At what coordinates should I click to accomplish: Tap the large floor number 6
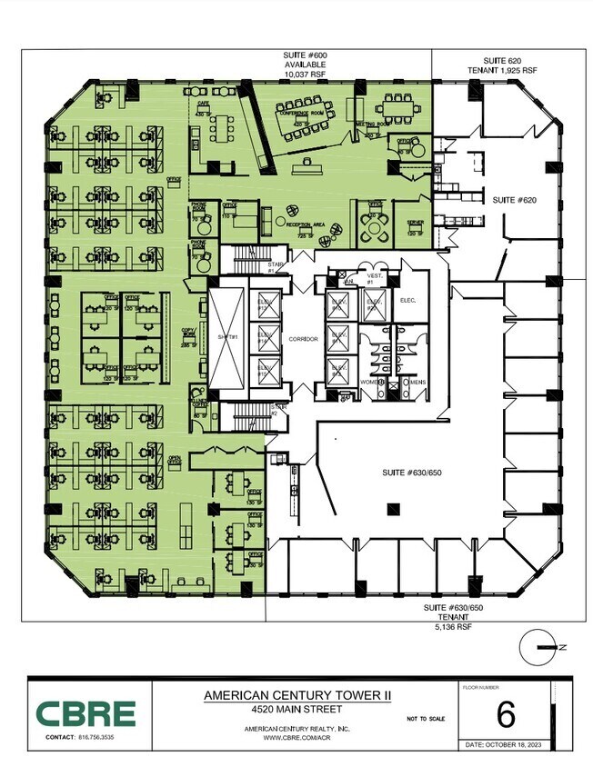(x=505, y=715)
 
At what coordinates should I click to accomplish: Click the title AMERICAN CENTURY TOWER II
(x=297, y=694)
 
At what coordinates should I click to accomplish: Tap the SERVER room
(x=415, y=225)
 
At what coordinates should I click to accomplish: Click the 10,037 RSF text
(x=306, y=76)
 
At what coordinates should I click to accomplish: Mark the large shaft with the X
(x=226, y=337)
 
